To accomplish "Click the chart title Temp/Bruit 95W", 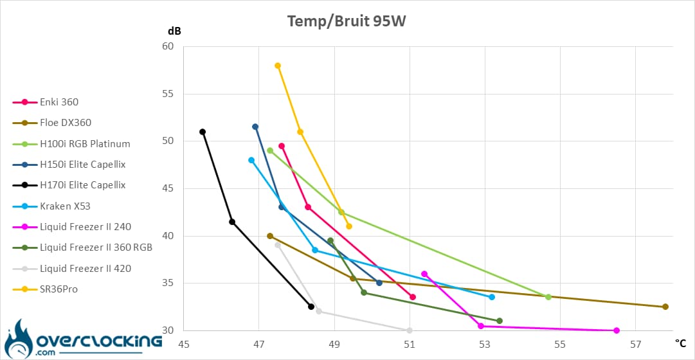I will pos(347,21).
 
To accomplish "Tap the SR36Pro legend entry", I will pos(59,289).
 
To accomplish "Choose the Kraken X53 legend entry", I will pos(64,206).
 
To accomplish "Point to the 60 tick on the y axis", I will pos(168,46).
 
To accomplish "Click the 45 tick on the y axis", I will pos(168,188).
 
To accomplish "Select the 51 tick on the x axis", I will pos(409,345).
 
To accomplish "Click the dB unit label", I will pos(174,30).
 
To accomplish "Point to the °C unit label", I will pos(681,345).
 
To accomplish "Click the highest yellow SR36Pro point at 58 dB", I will pos(278,66).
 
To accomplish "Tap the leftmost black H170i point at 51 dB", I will pos(203,132).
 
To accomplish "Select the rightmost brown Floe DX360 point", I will pos(665,307).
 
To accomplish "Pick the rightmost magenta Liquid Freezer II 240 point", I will pos(617,330).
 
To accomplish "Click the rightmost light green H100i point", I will pos(548,297).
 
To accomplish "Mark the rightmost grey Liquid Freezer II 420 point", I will pos(410,330).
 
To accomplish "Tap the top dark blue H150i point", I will pos(255,127).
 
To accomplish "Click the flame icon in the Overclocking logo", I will pos(17,336).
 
